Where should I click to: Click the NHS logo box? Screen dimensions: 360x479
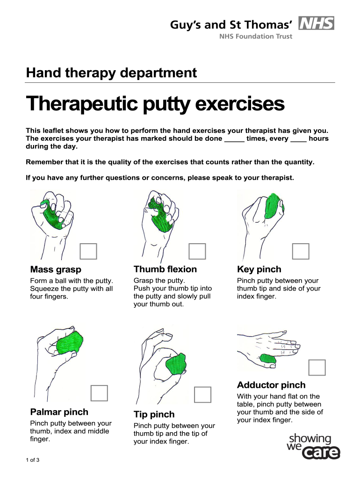click(316, 23)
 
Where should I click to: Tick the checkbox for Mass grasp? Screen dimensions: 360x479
click(88, 251)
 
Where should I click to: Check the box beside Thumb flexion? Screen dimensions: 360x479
click(197, 251)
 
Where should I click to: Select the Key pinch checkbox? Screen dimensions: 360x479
click(301, 251)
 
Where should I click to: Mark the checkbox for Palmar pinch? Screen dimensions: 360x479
click(99, 393)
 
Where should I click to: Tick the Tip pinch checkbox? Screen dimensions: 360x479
click(203, 395)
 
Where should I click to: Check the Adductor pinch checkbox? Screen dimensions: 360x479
click(317, 367)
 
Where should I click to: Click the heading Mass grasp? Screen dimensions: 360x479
click(56, 269)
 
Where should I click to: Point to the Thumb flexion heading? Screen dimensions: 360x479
click(165, 269)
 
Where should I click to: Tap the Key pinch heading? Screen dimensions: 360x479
click(259, 269)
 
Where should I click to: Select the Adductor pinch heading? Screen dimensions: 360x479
click(272, 385)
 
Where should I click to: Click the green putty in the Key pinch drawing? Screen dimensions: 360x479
click(274, 206)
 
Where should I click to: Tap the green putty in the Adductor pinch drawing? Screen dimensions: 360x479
click(268, 358)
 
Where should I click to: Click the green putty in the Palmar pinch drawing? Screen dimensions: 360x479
click(70, 343)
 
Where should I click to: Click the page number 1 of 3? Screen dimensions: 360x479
click(33, 460)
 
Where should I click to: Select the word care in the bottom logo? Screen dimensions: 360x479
click(321, 453)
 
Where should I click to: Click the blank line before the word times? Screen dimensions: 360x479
click(235, 141)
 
